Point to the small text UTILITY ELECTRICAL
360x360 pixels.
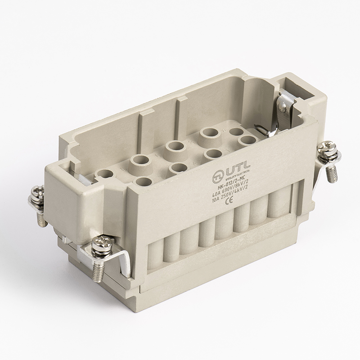[x=233, y=179]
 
